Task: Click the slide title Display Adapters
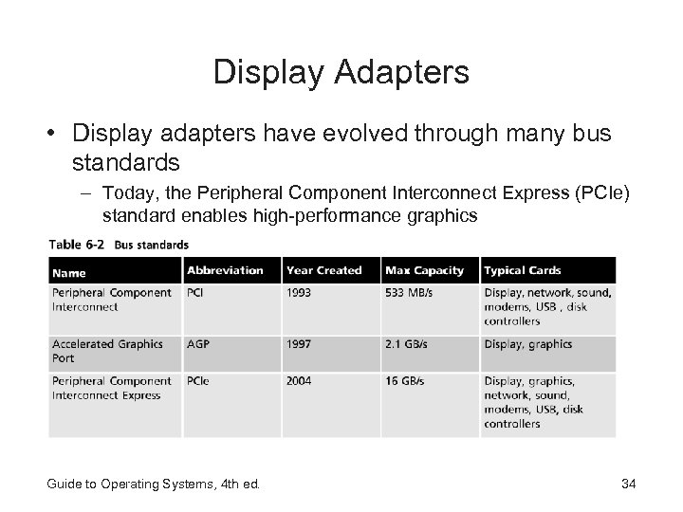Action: coord(341,72)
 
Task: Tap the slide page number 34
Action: coord(627,485)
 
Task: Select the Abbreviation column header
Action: coord(225,270)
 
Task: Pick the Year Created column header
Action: coord(324,270)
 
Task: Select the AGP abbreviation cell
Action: coord(199,344)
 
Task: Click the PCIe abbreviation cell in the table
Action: coord(199,381)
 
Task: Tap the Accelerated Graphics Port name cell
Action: coord(106,351)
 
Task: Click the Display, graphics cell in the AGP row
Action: coord(528,344)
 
